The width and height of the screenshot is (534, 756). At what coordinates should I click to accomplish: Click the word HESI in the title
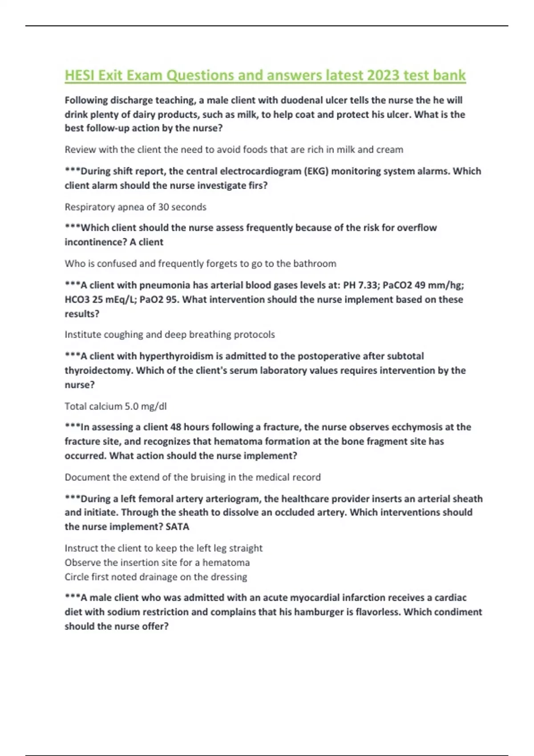pyautogui.click(x=80, y=75)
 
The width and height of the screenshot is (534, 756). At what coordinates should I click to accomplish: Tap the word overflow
pyautogui.click(x=417, y=228)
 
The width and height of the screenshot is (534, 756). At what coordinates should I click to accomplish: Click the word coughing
pyautogui.click(x=123, y=334)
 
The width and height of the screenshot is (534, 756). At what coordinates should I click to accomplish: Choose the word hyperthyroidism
pyautogui.click(x=176, y=356)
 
